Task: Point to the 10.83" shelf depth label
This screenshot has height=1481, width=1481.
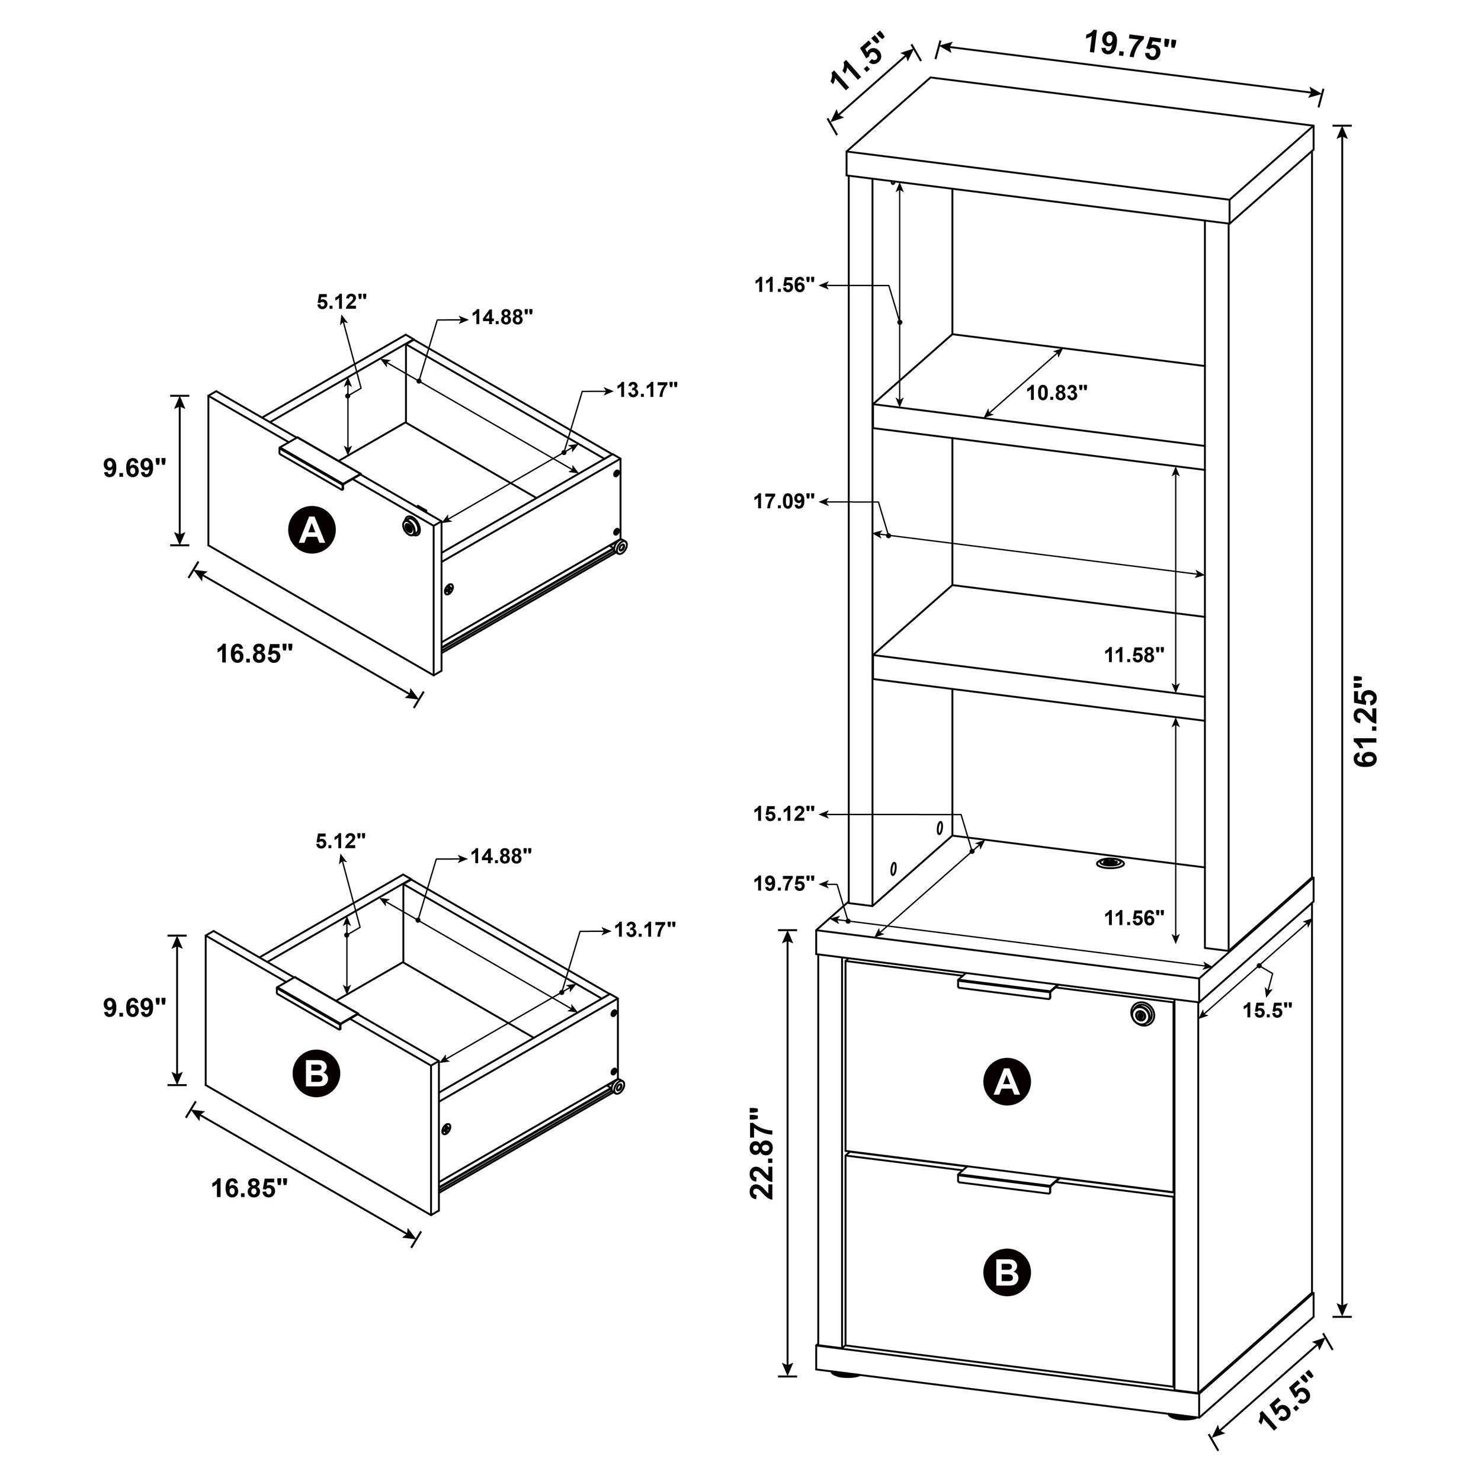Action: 1057,393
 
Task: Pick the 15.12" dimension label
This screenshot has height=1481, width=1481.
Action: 783,814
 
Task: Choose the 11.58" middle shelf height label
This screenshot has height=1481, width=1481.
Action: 1134,655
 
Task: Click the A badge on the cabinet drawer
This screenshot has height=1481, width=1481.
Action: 1006,1082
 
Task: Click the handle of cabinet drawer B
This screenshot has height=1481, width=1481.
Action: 1006,1181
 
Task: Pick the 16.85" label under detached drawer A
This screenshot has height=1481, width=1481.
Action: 255,654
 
